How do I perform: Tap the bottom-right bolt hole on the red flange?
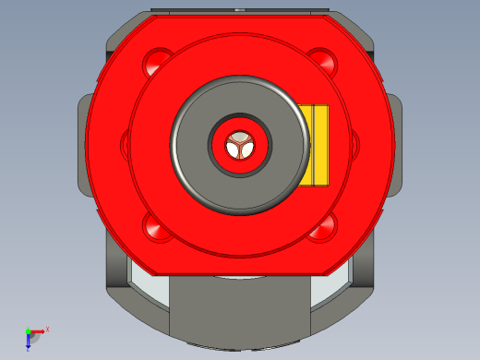321,225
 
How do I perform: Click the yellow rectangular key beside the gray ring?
315,144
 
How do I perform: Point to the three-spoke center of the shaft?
240,144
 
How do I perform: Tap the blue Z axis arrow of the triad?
29,342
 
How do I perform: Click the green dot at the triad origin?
29,330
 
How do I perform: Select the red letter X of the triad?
47,329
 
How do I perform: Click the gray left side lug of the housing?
81,144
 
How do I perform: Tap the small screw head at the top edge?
240,11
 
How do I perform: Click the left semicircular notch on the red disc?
125,143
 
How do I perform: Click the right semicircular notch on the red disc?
354,143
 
